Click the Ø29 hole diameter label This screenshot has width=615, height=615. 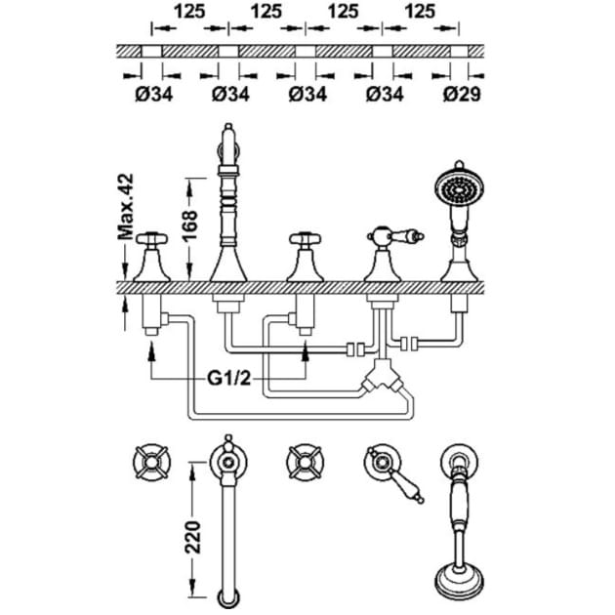[462, 95]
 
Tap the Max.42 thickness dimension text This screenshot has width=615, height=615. [126, 207]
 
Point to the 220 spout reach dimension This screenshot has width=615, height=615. [192, 537]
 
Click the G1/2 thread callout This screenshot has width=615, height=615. [228, 379]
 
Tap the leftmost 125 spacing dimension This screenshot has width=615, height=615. [189, 11]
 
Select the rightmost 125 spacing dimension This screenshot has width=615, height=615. [420, 11]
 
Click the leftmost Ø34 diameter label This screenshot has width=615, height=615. [154, 95]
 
